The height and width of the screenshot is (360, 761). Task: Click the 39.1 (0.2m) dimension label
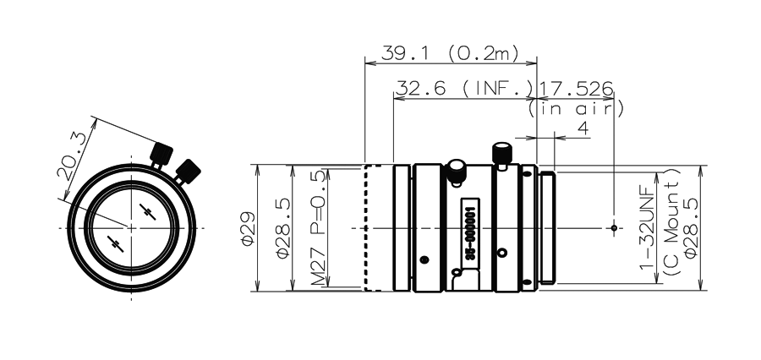pos(450,53)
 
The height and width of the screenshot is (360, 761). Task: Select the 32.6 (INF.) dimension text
pos(464,89)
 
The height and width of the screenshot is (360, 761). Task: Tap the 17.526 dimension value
pos(576,89)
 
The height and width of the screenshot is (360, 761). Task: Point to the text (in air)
pos(576,109)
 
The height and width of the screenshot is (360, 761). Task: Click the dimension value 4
pos(583,128)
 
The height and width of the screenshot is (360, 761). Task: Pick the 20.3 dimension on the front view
pos(71,156)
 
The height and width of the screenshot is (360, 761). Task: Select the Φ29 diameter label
pos(249,228)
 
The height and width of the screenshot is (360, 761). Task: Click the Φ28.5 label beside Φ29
pos(284,228)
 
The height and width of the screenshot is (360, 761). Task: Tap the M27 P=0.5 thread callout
pos(319,228)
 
